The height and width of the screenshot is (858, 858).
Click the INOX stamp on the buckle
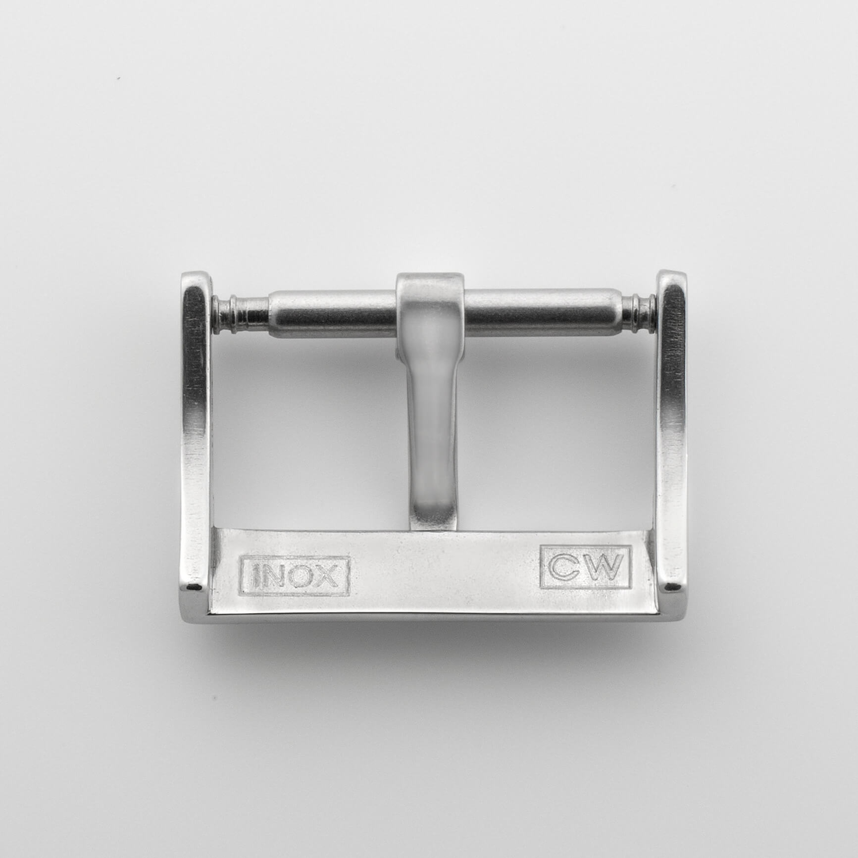[295, 575]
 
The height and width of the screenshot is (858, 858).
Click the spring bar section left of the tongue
[332, 311]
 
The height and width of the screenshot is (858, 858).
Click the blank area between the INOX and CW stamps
[443, 572]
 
